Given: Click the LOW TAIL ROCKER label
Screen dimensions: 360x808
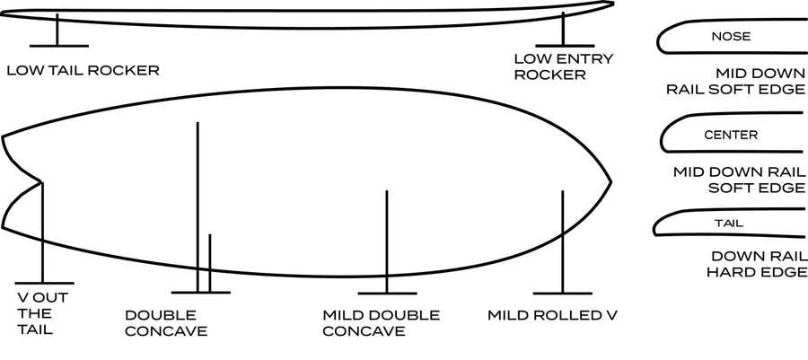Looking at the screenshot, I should [x=83, y=70].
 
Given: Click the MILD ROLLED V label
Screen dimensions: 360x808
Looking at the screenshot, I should [x=552, y=315].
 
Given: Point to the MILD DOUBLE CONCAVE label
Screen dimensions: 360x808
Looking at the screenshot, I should [x=381, y=323].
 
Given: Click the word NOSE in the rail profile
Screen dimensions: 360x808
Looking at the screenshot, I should [x=730, y=37].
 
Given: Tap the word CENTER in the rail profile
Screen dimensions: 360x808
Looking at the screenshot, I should [x=731, y=135].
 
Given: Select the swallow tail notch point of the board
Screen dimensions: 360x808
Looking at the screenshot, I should [x=42, y=183].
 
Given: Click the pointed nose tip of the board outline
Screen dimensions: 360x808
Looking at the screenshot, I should [x=610, y=183].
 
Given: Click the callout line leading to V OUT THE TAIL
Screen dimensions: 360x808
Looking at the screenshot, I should [x=42, y=233].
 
